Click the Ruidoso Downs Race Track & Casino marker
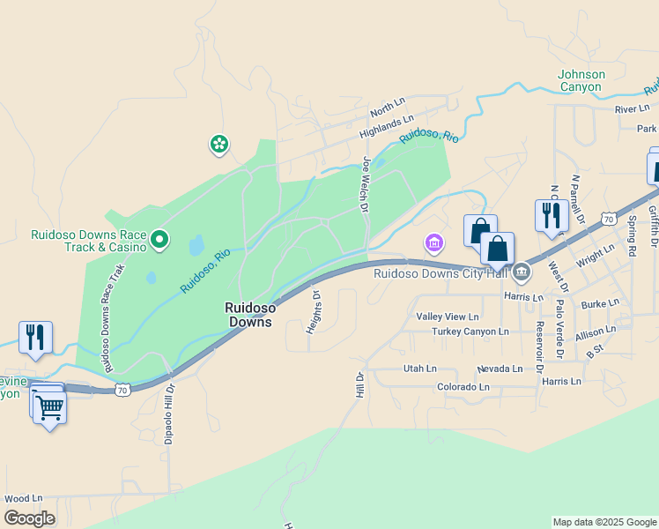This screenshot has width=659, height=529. coord(159,239)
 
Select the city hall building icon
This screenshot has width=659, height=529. coord(522,272)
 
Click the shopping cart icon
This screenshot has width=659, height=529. coord(49,407)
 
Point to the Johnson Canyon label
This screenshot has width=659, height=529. coord(581,80)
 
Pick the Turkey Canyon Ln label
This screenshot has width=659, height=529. coord(470,332)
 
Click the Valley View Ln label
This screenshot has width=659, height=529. coord(448,317)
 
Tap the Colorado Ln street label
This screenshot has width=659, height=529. coord(463,387)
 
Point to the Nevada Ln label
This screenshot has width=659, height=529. coord(500,369)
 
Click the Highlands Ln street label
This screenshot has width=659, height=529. coord(386,127)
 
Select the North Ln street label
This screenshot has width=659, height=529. coord(386,109)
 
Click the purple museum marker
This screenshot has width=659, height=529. coord(433,242)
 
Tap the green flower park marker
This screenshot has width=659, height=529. coord(218,144)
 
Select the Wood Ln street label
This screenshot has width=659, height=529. coord(24,498)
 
